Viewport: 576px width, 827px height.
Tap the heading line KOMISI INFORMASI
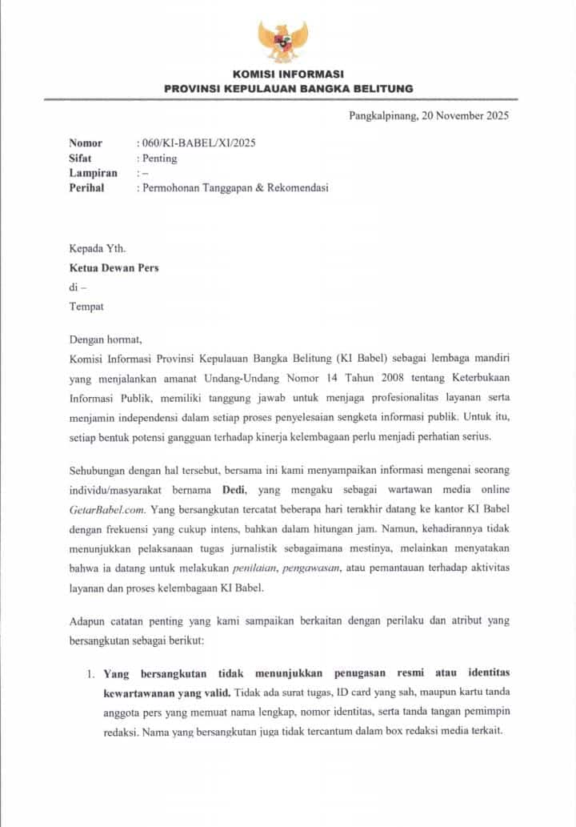[x=288, y=74]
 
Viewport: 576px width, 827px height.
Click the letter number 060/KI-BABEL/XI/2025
[x=198, y=143]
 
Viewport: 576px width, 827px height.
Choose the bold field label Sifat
[x=80, y=158]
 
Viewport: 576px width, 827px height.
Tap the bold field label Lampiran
[x=93, y=173]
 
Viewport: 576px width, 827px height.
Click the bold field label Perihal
[x=86, y=188]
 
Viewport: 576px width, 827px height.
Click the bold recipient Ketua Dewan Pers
[x=113, y=267]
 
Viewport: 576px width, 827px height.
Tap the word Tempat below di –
[x=86, y=306]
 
